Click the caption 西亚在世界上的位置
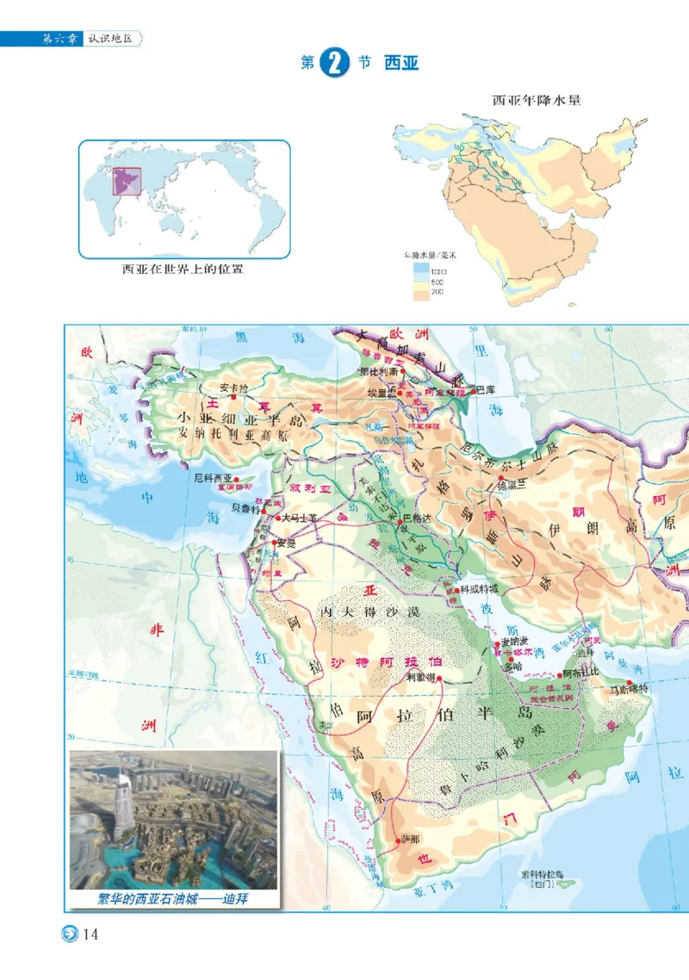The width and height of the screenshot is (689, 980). (x=183, y=270)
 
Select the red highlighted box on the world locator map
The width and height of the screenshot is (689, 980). (x=127, y=183)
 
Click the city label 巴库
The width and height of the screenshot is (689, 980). (x=486, y=389)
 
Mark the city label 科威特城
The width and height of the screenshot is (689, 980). (x=479, y=589)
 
